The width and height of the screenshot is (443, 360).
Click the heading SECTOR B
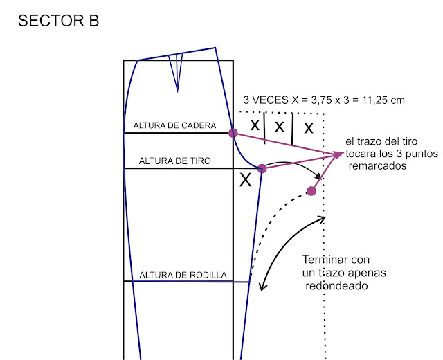(58, 21)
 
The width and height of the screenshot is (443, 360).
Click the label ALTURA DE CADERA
(174, 126)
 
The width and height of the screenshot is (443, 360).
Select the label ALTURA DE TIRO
(175, 161)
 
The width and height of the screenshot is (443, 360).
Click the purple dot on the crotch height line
(262, 168)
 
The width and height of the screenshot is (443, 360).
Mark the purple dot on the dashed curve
(311, 191)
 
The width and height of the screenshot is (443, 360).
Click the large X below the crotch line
(245, 181)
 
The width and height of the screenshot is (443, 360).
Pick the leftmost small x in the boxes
(255, 125)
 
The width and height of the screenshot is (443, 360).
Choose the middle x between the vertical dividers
(280, 126)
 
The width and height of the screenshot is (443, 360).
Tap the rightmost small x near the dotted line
(308, 127)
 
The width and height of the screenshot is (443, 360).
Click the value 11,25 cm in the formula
(379, 100)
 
